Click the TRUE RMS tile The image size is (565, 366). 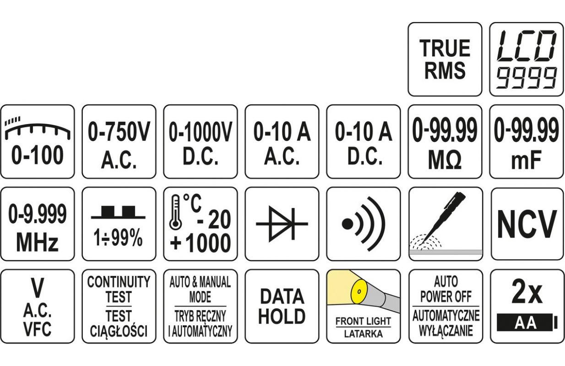[x=445, y=59]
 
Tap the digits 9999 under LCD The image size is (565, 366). [x=527, y=77]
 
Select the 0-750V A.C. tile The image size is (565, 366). [x=119, y=142]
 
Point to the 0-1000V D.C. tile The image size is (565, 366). [x=201, y=142]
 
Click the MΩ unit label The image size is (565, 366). [x=445, y=160]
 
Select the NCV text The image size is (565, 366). [x=527, y=224]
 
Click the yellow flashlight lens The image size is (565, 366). [x=359, y=291]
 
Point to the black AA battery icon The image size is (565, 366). [x=527, y=323]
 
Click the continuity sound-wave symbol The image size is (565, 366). [x=363, y=224]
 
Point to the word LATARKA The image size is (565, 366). [x=363, y=334]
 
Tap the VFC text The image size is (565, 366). [x=38, y=329]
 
